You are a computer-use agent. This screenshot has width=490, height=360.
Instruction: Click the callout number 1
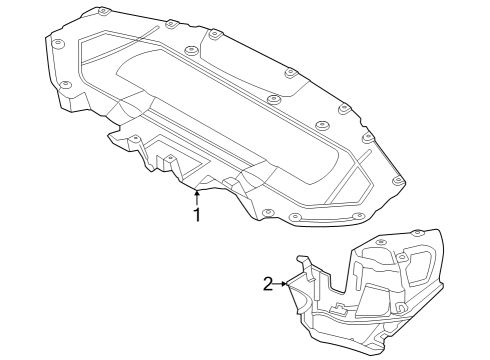click(197, 214)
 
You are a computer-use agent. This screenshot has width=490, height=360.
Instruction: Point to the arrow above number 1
click(197, 195)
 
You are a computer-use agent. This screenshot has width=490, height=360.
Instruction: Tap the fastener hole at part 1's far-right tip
click(399, 181)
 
